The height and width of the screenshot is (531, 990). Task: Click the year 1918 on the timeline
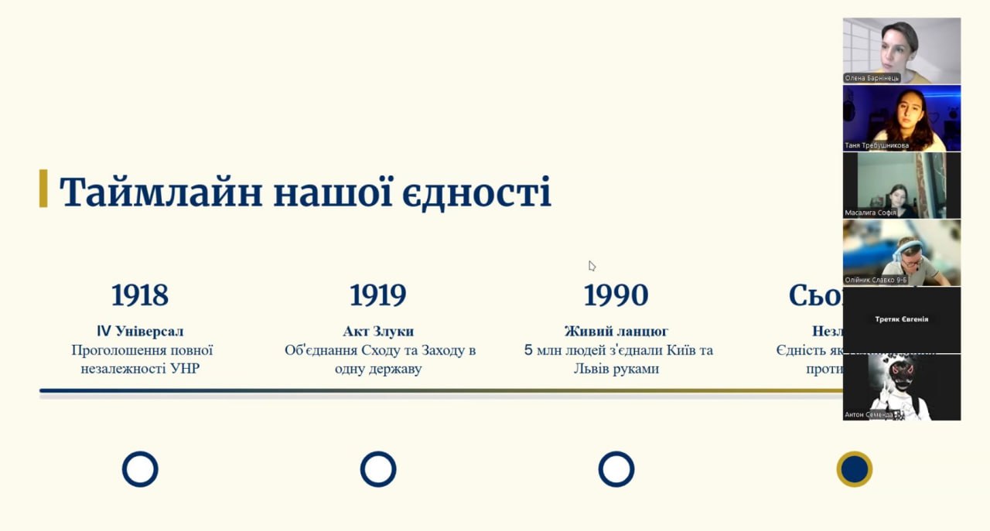pyautogui.click(x=140, y=295)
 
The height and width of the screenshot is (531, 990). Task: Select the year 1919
pyautogui.click(x=377, y=295)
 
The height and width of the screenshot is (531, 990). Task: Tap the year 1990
pyautogui.click(x=616, y=295)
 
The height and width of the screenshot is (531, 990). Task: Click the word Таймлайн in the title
pyautogui.click(x=160, y=192)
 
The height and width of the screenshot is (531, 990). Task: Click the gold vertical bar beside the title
pyautogui.click(x=43, y=189)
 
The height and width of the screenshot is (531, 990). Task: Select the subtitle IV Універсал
pyautogui.click(x=140, y=332)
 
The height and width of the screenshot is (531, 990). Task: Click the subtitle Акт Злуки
pyautogui.click(x=378, y=332)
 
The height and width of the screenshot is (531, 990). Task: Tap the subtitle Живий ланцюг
pyautogui.click(x=616, y=332)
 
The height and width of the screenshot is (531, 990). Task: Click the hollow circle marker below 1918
pyautogui.click(x=140, y=469)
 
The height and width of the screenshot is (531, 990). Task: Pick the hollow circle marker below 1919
pyautogui.click(x=378, y=469)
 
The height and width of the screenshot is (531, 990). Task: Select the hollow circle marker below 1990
pyautogui.click(x=616, y=469)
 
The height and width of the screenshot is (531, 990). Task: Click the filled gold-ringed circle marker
pyautogui.click(x=854, y=469)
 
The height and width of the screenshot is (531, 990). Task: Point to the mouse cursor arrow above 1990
pyautogui.click(x=592, y=266)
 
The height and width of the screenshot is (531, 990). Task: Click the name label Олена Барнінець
pyautogui.click(x=872, y=78)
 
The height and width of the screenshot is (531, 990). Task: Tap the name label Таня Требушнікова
pyautogui.click(x=876, y=145)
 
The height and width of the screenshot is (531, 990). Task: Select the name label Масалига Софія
pyautogui.click(x=872, y=213)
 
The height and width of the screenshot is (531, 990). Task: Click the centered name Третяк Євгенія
pyautogui.click(x=901, y=319)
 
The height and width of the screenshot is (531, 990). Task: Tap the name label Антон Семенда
pyautogui.click(x=869, y=415)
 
